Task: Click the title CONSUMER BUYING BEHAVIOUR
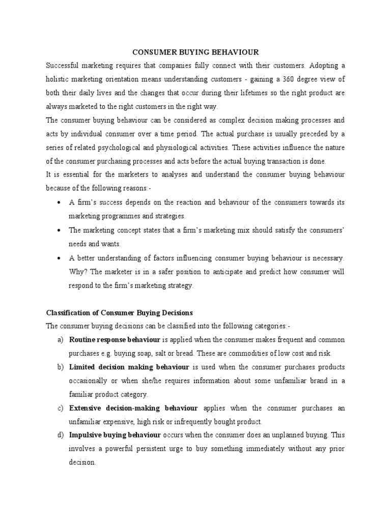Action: (x=195, y=52)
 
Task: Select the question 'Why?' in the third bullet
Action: (x=77, y=272)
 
